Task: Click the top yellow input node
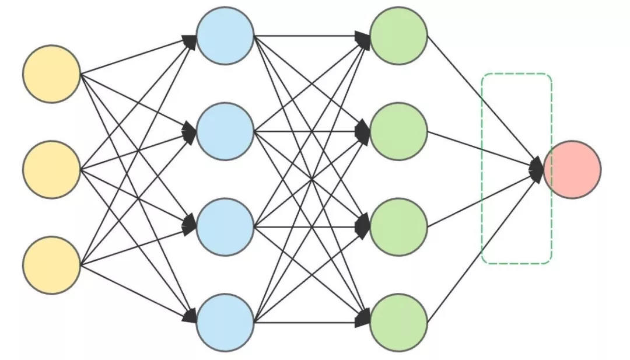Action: point(51,74)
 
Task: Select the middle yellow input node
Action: point(51,169)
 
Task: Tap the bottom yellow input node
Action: point(51,265)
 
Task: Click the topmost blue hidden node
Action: point(225,36)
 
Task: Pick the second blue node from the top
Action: point(225,131)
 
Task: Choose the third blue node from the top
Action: point(225,227)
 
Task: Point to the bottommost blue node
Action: point(225,323)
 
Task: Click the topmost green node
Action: point(399,36)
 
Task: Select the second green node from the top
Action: point(399,131)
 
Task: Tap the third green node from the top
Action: point(399,227)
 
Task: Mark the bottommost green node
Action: point(399,323)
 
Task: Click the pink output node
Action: point(572,169)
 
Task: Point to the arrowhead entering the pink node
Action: point(537,169)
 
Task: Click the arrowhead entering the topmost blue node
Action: point(190,41)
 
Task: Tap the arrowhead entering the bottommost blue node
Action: point(190,317)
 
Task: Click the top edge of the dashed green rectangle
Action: point(516,75)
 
